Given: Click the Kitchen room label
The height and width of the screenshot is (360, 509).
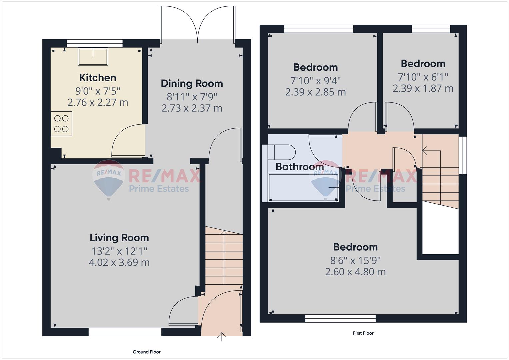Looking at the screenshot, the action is coord(98,78).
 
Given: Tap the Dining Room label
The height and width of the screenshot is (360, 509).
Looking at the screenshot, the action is coord(192,84).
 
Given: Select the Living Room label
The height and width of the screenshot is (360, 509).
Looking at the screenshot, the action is coord(119,238).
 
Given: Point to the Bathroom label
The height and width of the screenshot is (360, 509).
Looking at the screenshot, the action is coord(300,167).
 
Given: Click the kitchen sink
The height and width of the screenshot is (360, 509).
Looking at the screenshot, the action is coord(93,57).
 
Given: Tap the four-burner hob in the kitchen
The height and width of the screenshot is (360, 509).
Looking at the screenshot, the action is coord(61,124).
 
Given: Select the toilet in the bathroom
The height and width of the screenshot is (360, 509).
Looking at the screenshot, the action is coord(282,152).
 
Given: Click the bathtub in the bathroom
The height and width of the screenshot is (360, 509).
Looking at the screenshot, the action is coord(303,187).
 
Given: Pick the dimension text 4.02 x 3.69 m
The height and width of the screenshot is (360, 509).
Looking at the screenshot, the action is coord(119,263).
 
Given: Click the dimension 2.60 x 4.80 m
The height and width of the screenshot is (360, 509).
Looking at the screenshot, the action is coord(355,272).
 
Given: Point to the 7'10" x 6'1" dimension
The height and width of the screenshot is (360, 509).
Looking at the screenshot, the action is coord(423,77).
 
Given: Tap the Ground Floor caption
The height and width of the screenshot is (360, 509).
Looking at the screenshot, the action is coord(147,352).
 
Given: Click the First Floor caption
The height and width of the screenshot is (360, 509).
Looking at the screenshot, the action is coord(363,333).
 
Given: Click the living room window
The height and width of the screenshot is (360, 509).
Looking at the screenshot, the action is coord(125,332).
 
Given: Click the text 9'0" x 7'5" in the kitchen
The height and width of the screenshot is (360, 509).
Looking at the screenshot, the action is coord(98,91).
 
